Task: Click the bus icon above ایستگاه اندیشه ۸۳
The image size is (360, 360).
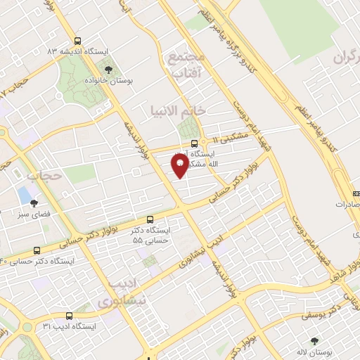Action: (77, 41)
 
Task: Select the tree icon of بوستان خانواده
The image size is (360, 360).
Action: (108, 69)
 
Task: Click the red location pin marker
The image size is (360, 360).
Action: (179, 166)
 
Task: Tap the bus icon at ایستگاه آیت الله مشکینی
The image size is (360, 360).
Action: (195, 143)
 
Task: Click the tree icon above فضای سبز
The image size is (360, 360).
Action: (34, 202)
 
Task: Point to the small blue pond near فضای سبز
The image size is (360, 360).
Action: (25, 193)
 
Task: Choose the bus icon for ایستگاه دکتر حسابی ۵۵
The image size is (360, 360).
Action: (149, 220)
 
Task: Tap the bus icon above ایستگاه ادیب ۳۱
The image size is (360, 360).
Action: (69, 316)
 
